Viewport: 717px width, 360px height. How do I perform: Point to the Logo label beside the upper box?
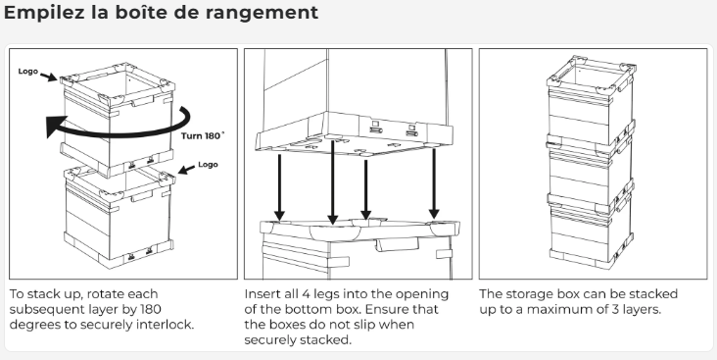[x=27, y=71]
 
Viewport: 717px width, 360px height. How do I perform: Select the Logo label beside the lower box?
[x=208, y=165]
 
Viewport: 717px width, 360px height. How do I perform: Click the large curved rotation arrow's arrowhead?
[x=57, y=126]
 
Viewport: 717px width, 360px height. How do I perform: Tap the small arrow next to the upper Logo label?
[x=48, y=77]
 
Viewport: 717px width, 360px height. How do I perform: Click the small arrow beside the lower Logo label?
[x=186, y=170]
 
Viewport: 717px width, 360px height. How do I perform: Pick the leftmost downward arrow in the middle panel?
[x=279, y=187]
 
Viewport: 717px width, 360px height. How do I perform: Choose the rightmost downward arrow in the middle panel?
[x=434, y=183]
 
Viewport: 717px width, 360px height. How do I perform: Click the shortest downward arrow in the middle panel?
[x=365, y=189]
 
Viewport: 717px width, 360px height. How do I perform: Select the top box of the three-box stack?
[x=591, y=102]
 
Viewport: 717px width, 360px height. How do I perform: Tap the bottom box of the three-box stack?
[x=591, y=233]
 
